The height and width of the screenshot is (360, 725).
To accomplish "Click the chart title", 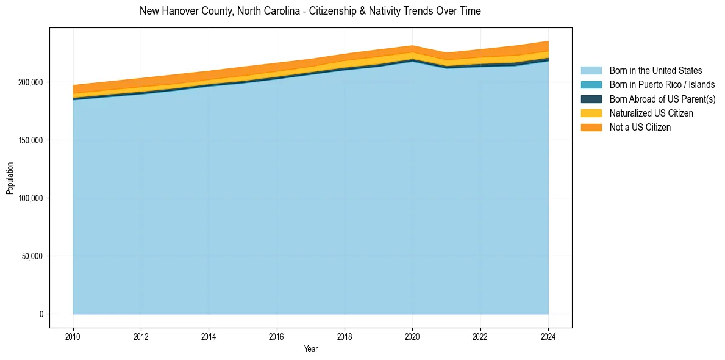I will point(310,11).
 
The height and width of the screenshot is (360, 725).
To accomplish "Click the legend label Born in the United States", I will point(655,71).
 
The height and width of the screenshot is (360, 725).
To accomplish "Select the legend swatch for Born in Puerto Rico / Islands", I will point(591,85).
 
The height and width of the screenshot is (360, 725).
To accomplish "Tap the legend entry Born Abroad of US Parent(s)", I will point(662,99).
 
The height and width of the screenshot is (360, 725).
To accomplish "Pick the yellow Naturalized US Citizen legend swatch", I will point(591,113).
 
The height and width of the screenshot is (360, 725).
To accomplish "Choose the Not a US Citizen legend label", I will point(640,128).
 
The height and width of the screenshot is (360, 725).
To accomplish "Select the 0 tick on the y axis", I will point(41,314).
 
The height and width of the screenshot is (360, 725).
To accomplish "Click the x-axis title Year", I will point(310,350).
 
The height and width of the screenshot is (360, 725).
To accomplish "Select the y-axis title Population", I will point(10,178).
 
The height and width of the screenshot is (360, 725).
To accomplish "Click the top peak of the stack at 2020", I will point(413,46).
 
